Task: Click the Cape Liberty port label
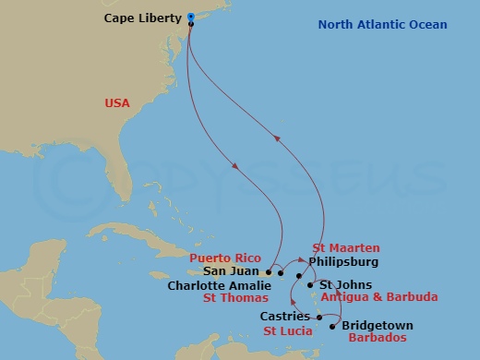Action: pyautogui.click(x=142, y=18)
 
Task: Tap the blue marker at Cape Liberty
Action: pyautogui.click(x=190, y=17)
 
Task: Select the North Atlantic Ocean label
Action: pyautogui.click(x=382, y=24)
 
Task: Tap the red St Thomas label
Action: pyautogui.click(x=237, y=298)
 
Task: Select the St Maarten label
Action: pyautogui.click(x=344, y=248)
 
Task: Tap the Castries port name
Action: pyautogui.click(x=285, y=318)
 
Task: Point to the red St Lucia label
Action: pyautogui.click(x=288, y=330)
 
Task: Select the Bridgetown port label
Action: pyautogui.click(x=378, y=326)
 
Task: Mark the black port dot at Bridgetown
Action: pyautogui.click(x=332, y=326)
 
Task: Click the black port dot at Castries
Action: pyautogui.click(x=319, y=318)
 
